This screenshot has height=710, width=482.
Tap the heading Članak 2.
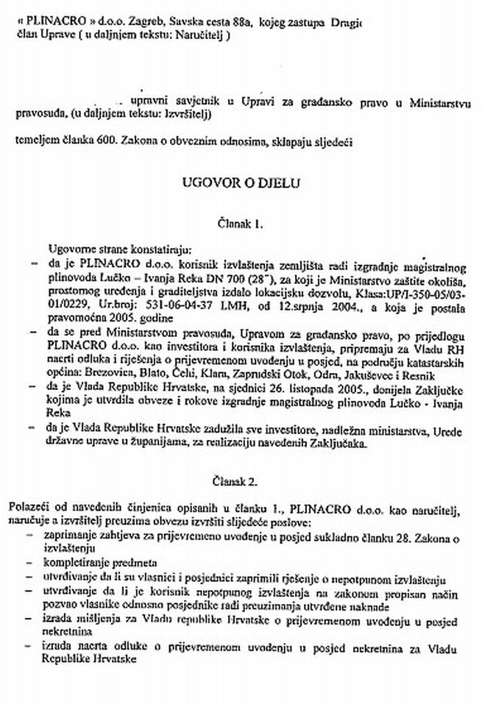coord(240,486)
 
